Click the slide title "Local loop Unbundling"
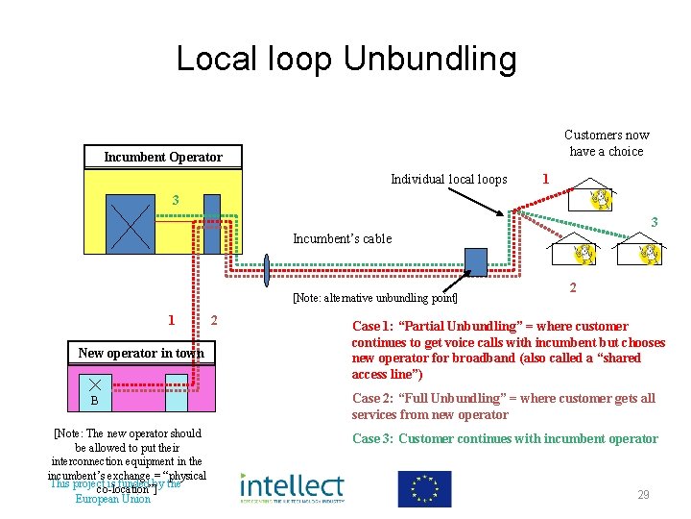click(345, 60)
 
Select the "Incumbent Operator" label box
click(163, 157)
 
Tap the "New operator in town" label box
click(141, 353)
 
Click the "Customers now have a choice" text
click(607, 143)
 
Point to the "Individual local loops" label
click(449, 179)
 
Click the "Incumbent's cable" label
click(342, 238)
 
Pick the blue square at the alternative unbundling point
click(476, 261)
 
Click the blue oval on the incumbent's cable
click(268, 272)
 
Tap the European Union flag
click(424, 488)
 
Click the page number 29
click(643, 495)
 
